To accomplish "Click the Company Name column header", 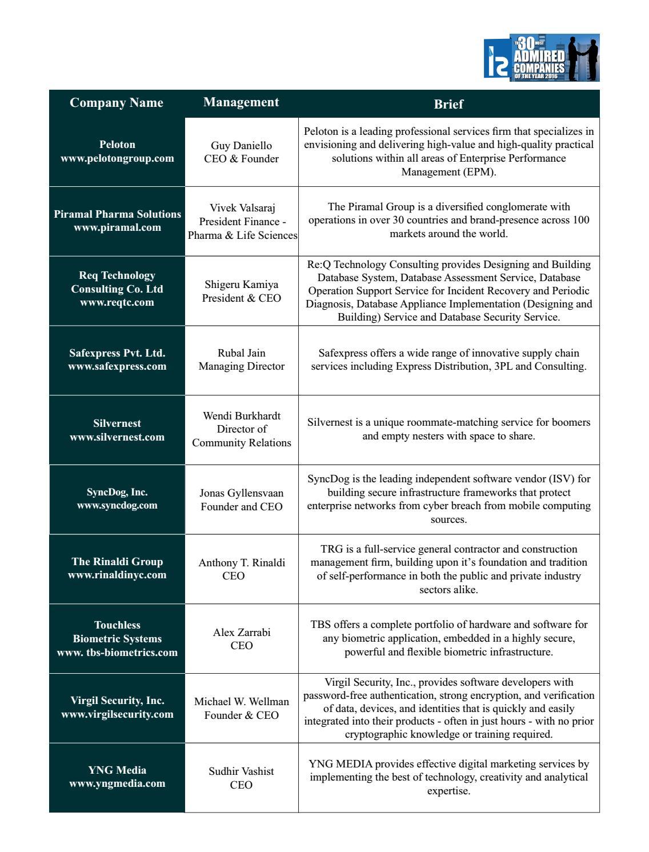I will click(117, 103).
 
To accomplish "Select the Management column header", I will click(241, 102).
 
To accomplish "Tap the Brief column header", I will click(448, 104).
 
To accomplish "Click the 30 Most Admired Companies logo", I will click(542, 58).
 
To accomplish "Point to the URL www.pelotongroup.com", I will click(117, 158).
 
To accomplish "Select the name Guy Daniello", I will click(241, 146).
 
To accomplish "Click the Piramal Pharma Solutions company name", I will click(117, 214).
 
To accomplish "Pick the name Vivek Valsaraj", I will click(242, 207).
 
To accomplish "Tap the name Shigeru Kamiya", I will click(241, 285).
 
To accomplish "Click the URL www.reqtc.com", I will click(117, 302).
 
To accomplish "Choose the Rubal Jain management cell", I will click(241, 360).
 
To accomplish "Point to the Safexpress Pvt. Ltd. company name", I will click(117, 353).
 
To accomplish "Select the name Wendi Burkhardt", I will click(242, 415).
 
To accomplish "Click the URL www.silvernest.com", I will click(117, 437).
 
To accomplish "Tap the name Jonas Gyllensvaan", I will click(241, 493).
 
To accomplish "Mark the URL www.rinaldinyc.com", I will click(117, 575).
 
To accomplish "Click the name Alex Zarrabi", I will click(242, 633).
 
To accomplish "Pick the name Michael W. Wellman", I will click(241, 702).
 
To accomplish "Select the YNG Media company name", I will click(117, 770).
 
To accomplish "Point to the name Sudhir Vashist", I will click(241, 771).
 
